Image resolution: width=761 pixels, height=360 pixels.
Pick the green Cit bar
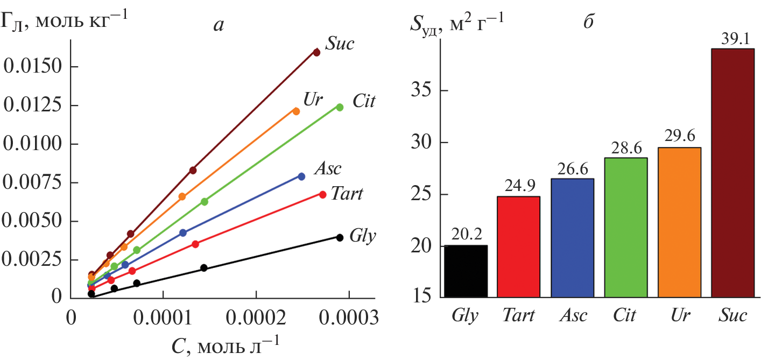626,227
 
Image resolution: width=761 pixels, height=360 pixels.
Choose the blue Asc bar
573,237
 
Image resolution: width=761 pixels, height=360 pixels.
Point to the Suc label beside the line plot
341,43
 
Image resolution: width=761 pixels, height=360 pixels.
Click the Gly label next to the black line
362,235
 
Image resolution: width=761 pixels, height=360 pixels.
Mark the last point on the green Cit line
340,107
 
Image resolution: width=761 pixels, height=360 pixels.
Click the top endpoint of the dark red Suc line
316,52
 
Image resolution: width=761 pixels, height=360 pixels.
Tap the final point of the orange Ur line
296,111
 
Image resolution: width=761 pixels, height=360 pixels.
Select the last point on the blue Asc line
301,177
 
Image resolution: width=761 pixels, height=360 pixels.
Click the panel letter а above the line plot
218,24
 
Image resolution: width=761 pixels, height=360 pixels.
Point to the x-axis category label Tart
519,315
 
